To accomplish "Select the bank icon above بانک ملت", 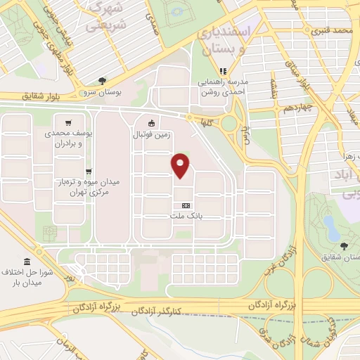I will point(186,206).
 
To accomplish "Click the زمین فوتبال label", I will point(151,134).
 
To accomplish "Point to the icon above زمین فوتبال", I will point(150,124).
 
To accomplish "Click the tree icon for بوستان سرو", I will point(103,81).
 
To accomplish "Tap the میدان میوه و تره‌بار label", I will point(89,186).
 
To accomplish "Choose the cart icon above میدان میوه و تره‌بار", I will point(89,171).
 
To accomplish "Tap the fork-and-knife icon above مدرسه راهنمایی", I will point(223,71).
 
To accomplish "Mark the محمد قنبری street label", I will point(332,31).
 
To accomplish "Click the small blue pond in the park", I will point(328,224).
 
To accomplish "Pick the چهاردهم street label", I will point(297,108).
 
